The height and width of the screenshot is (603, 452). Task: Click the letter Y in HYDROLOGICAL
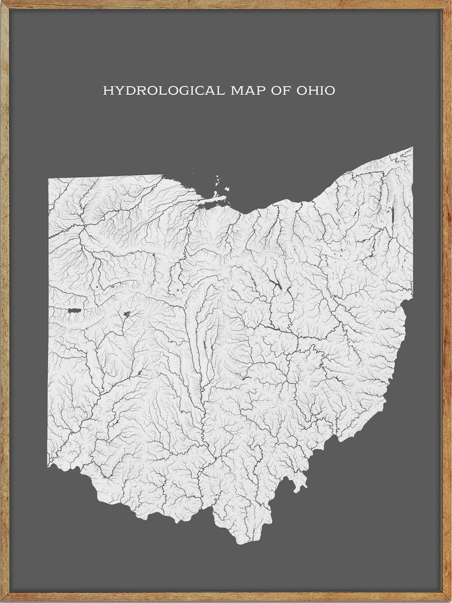(x=116, y=91)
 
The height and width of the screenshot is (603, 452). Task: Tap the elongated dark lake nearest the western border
(x=74, y=310)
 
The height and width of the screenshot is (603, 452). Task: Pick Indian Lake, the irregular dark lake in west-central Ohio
(x=126, y=314)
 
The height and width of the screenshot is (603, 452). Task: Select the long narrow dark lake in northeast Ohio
(x=392, y=215)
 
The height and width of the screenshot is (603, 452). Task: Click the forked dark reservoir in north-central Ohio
(x=276, y=285)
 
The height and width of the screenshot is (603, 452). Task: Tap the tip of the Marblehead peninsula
(x=225, y=198)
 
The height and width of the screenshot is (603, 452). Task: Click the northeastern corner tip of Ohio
(x=412, y=147)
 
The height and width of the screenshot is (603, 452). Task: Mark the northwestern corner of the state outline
(x=48, y=179)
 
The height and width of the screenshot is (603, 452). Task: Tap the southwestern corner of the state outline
(x=49, y=466)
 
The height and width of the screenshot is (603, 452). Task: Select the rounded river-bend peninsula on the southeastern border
(x=298, y=483)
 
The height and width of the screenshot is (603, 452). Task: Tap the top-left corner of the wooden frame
(x=2, y=2)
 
